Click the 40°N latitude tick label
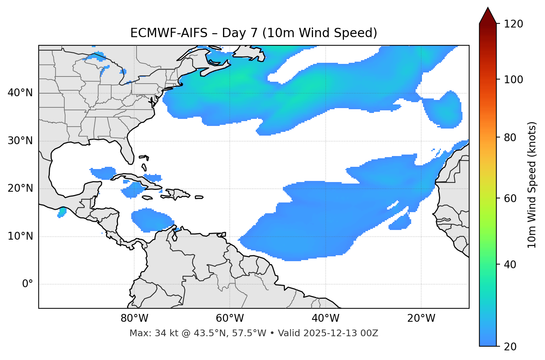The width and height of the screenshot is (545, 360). tap(20, 93)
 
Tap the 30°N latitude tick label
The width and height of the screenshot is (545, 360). tap(20, 141)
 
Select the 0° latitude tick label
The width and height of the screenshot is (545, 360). tap(28, 284)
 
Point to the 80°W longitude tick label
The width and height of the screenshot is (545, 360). tap(134, 318)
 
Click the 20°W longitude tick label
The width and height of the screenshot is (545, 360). tap(421, 318)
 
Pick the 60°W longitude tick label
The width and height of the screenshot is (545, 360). tap(230, 318)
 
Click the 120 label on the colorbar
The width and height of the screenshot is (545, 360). tap(513, 24)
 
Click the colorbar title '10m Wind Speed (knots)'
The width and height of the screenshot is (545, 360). tap(532, 185)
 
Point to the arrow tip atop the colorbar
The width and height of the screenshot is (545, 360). tap(488, 8)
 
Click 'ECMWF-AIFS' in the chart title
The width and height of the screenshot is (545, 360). tap(168, 33)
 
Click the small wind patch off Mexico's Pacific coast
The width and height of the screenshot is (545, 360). tap(62, 213)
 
